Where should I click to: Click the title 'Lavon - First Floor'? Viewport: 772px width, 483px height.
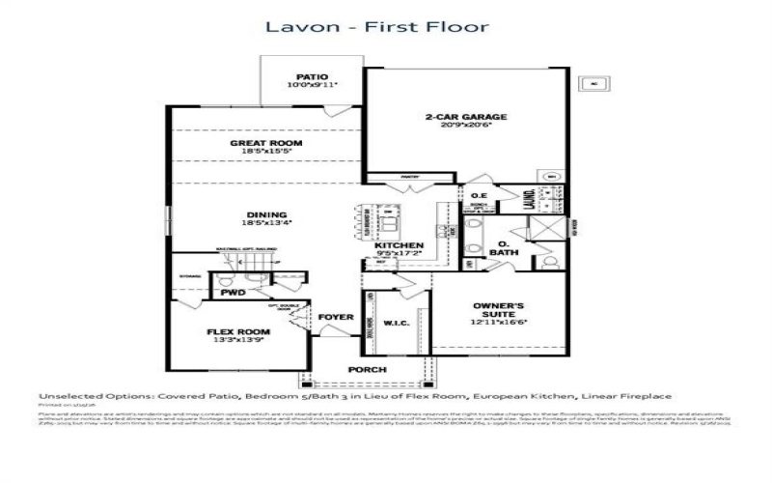(x=378, y=26)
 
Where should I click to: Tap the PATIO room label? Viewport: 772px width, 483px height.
(x=312, y=76)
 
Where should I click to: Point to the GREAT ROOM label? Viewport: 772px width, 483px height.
(x=265, y=143)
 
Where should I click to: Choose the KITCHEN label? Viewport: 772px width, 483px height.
(x=399, y=246)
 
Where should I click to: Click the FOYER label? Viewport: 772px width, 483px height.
(x=337, y=316)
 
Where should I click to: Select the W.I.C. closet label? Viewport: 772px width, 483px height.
(x=396, y=323)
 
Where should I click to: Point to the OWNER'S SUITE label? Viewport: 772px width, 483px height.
(x=499, y=309)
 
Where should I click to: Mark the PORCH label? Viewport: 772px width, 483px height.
(x=367, y=370)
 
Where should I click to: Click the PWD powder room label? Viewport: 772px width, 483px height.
(x=233, y=290)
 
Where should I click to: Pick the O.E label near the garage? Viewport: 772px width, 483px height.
(x=480, y=196)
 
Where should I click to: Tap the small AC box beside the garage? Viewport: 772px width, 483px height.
(x=594, y=84)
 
